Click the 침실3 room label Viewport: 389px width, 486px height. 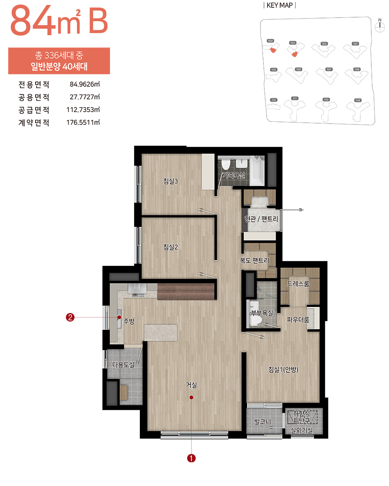170,181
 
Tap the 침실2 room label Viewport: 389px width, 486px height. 170,247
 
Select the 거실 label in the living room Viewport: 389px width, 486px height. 191,385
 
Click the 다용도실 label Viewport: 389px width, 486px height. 123,364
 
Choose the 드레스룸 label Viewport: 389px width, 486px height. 298,283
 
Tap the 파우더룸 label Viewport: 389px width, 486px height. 298,319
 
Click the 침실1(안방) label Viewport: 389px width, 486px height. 284,369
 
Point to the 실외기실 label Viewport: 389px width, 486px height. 301,430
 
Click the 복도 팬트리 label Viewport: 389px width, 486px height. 254,260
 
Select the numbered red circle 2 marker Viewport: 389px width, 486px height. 70,317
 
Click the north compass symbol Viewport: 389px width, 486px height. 380,25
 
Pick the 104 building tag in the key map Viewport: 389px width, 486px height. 270,41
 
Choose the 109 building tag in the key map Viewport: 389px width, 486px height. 358,100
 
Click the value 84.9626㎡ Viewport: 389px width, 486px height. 85,85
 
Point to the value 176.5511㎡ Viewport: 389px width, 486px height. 83,122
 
